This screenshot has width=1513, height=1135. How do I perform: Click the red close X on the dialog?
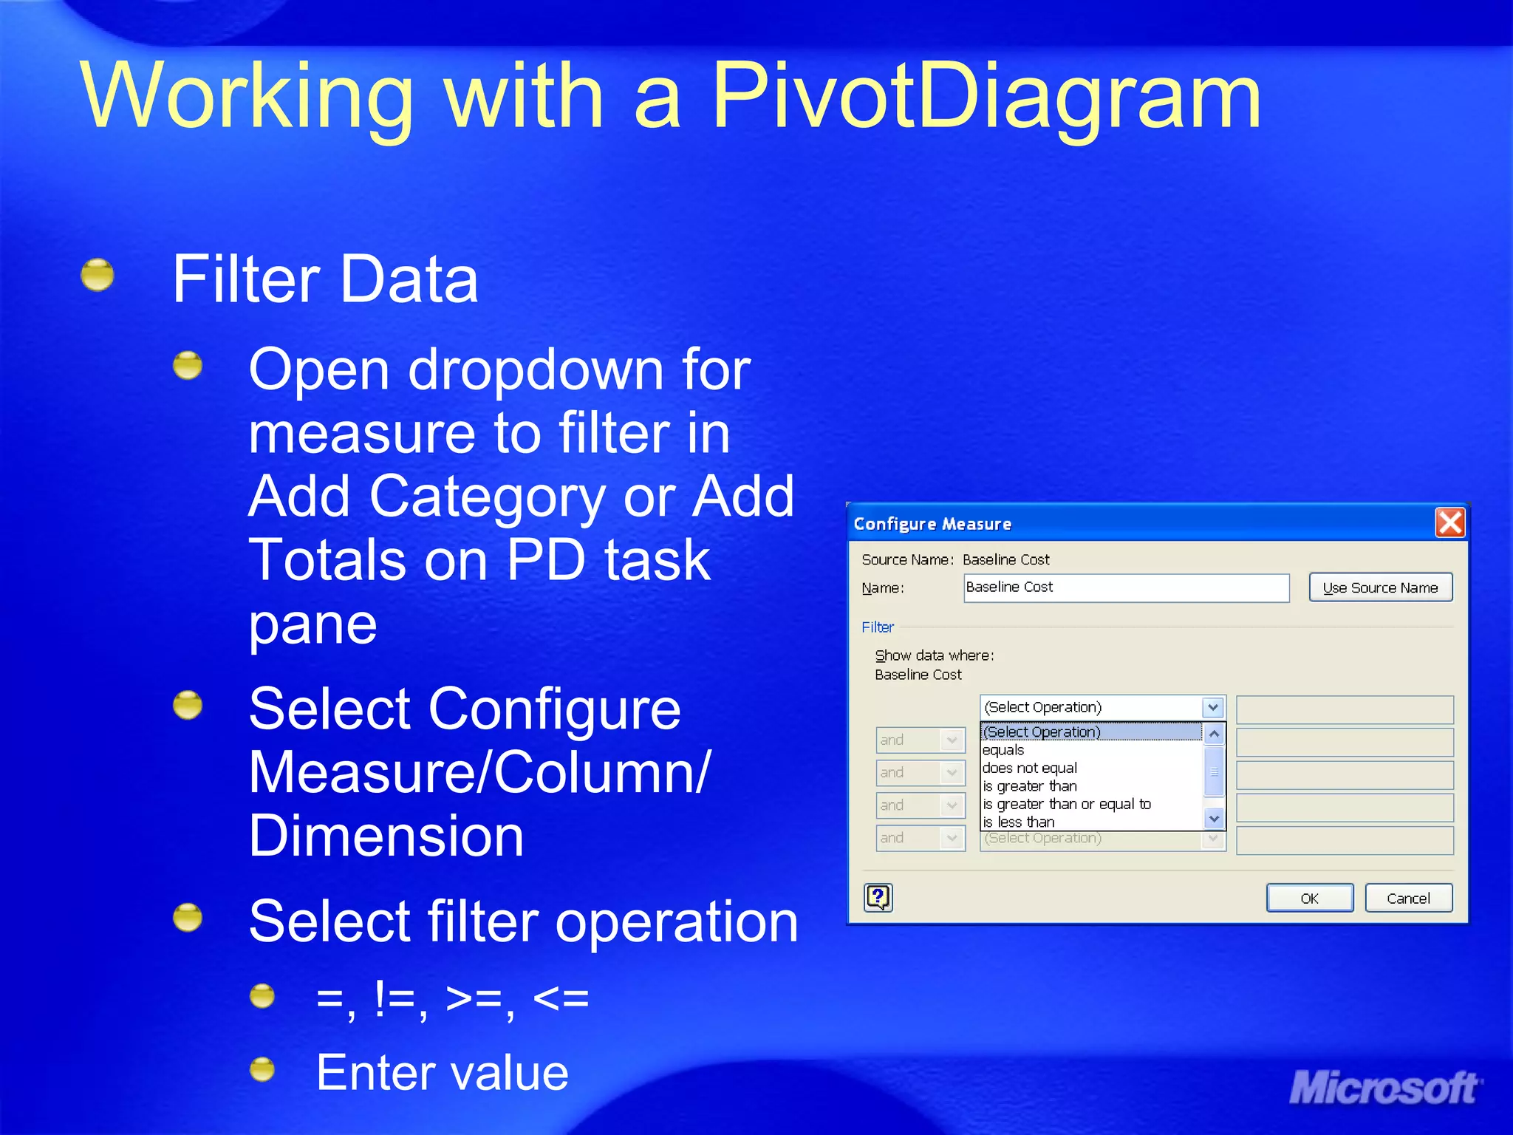coord(1449,522)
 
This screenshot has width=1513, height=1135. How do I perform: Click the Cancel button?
coord(1408,898)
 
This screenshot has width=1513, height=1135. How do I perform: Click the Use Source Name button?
coord(1380,587)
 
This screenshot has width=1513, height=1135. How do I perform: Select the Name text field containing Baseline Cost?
coord(1126,587)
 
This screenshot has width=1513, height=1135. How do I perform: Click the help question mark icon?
coord(878,898)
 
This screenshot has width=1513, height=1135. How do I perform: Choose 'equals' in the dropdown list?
coord(1003,750)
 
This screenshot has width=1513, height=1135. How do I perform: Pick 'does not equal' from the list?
coord(1030,768)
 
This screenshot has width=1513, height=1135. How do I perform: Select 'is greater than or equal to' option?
coord(1067,804)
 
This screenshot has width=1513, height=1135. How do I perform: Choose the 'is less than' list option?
coord(1019,822)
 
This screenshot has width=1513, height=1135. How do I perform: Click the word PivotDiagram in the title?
coord(986,96)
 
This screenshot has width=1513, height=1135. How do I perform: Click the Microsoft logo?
coord(1384,1088)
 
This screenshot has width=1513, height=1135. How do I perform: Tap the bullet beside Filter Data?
coord(98,276)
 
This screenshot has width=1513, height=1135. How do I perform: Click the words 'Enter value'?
coord(442,1072)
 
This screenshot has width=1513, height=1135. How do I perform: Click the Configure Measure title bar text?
coord(932,524)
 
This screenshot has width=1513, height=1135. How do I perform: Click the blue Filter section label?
coord(878,627)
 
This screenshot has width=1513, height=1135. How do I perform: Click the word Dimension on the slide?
coord(386,836)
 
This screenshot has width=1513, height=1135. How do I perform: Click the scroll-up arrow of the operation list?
coord(1214,734)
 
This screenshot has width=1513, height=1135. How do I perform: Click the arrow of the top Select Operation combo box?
coord(1213,707)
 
